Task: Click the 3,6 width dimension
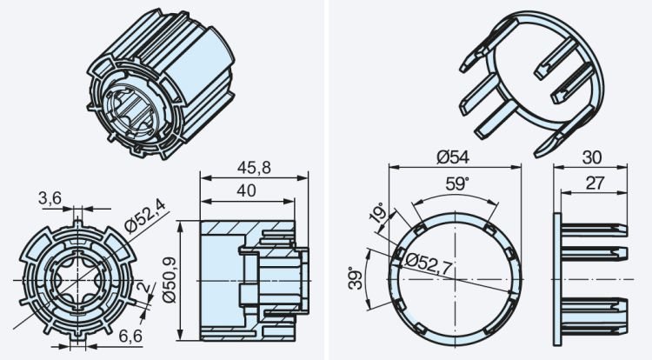tap(49, 198)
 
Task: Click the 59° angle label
tap(456, 184)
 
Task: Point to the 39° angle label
tap(355, 279)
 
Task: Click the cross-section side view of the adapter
tap(253, 279)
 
